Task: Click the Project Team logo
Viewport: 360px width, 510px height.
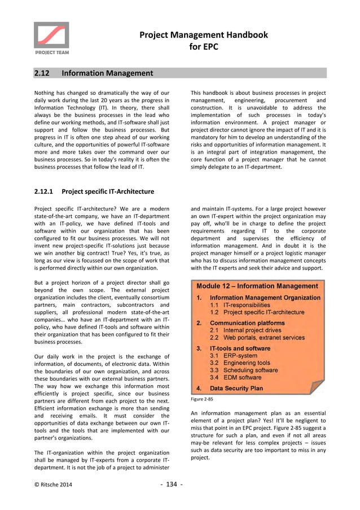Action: pos(51,38)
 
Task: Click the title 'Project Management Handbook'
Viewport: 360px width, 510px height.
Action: pos(204,35)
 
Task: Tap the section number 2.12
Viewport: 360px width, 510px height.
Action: pos(42,73)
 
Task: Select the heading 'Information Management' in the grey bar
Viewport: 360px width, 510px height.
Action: pos(107,73)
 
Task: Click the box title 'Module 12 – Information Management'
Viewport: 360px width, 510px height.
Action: pos(257,287)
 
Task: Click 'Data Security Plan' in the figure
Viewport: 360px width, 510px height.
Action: pos(236,389)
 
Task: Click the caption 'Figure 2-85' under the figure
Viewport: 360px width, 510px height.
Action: pos(201,399)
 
